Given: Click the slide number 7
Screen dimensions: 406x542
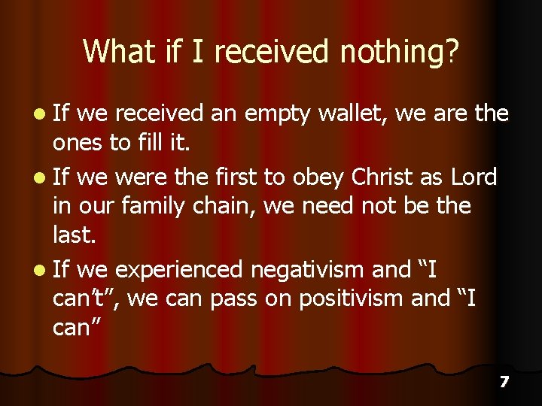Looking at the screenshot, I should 504,382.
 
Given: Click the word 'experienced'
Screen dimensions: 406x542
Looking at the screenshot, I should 179,269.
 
